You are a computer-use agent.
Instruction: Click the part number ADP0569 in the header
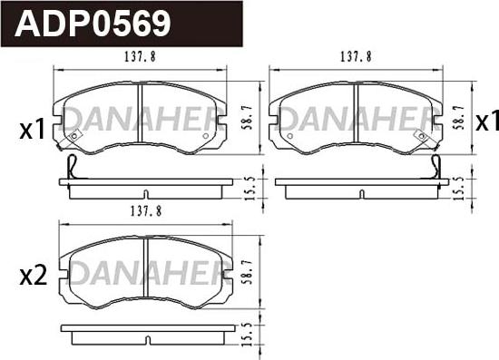pos(93,24)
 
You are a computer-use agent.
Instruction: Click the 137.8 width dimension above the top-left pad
pos(140,57)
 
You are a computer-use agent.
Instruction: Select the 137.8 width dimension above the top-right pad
pos(357,57)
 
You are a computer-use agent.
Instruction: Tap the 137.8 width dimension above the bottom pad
pos(146,211)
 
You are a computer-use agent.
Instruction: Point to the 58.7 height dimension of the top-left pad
pos(249,117)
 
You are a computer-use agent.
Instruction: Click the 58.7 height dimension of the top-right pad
pos(458,117)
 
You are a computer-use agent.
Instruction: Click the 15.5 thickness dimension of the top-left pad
pos(250,189)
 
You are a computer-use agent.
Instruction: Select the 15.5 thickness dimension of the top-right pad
pos(459,189)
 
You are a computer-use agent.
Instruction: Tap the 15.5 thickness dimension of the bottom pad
pos(249,335)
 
